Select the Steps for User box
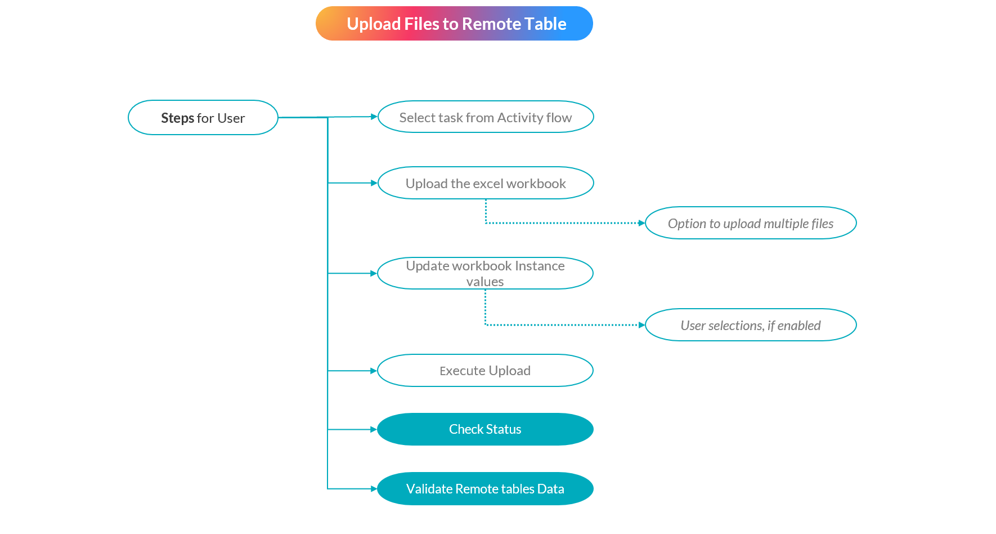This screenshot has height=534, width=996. tap(203, 118)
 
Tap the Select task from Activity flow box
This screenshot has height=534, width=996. tap(486, 117)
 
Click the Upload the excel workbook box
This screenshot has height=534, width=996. tap(486, 183)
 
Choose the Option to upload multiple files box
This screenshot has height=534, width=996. tap(751, 224)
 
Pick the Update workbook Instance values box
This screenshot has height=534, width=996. tap(485, 273)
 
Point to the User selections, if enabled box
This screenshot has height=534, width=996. tap(751, 325)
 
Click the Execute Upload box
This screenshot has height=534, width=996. tap(485, 371)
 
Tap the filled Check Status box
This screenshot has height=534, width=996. tap(485, 429)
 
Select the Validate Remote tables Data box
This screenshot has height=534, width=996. tap(485, 489)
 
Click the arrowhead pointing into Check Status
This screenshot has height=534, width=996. tap(374, 429)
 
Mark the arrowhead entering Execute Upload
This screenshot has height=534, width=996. tap(374, 371)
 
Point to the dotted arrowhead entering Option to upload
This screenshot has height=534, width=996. tap(641, 223)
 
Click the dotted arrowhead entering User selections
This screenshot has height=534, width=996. tap(641, 325)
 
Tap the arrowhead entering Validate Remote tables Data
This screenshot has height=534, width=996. tap(374, 489)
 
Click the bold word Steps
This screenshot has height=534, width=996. tap(177, 118)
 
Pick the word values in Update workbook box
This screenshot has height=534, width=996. tap(485, 282)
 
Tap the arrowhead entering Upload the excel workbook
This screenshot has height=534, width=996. tap(374, 183)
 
